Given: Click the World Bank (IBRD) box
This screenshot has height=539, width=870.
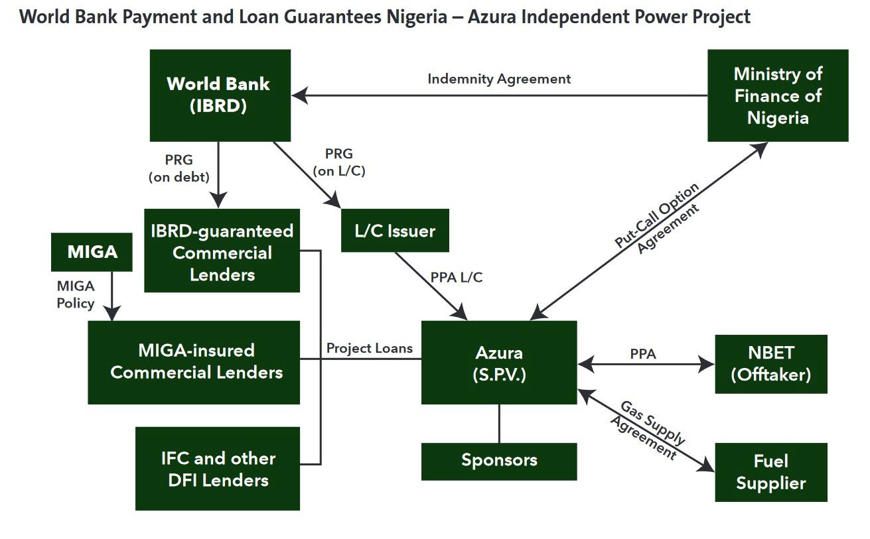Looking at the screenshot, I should click(x=220, y=95).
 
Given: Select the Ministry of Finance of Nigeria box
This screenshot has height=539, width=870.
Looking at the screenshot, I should click(x=777, y=95).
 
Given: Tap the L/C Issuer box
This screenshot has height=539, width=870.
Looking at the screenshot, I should click(x=395, y=231).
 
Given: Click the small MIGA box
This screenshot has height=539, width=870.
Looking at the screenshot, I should click(x=92, y=252).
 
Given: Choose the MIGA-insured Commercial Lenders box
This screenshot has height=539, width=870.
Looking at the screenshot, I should click(x=194, y=362).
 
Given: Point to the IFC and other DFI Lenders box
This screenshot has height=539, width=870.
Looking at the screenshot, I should click(x=217, y=468).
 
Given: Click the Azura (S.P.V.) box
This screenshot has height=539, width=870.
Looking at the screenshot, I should click(x=498, y=363).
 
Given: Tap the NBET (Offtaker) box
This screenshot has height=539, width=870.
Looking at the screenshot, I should click(x=770, y=364).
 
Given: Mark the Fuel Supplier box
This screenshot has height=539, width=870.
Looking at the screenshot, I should click(x=770, y=472).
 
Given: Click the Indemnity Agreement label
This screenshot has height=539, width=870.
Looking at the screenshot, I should click(x=499, y=79).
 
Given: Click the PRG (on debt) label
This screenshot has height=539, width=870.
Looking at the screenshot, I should click(x=179, y=168).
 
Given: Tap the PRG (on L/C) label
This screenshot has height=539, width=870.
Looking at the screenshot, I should click(x=338, y=162).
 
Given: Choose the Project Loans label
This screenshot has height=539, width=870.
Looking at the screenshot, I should click(x=369, y=348).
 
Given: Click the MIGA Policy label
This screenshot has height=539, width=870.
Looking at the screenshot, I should click(x=75, y=295).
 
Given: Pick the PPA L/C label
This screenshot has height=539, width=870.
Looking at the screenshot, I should click(x=456, y=277).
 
